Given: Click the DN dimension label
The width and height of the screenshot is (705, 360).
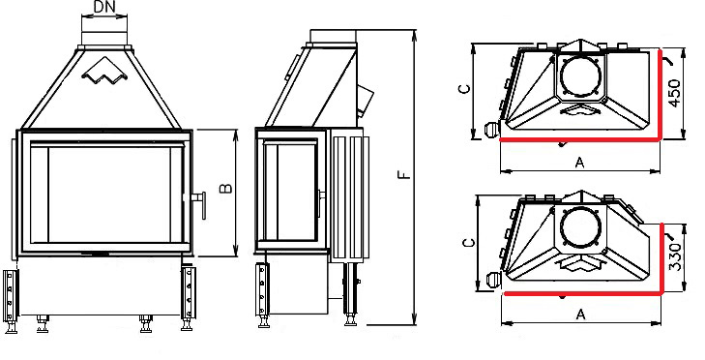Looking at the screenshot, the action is pyautogui.click(x=104, y=7).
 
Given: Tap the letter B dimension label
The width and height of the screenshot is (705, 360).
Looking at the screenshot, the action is pyautogui.click(x=226, y=188).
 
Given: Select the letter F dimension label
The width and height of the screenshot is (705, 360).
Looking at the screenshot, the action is pyautogui.click(x=404, y=174).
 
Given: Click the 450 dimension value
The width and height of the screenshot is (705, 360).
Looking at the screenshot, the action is pyautogui.click(x=674, y=93).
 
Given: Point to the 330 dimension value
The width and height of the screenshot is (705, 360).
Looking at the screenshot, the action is pyautogui.click(x=676, y=257).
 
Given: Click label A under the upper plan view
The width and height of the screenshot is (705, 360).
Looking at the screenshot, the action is pyautogui.click(x=579, y=163).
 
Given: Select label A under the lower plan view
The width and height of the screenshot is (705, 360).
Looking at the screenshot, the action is pyautogui.click(x=581, y=315).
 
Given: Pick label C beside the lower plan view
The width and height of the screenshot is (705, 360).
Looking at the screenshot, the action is pyautogui.click(x=468, y=243).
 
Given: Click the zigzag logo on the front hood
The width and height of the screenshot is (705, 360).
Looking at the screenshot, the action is pyautogui.click(x=105, y=72).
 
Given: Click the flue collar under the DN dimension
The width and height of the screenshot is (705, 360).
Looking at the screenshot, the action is pyautogui.click(x=104, y=39).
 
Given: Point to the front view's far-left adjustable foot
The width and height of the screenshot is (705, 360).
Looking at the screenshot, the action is pyautogui.click(x=11, y=301).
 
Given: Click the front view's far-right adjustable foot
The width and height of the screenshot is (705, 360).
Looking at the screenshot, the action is pyautogui.click(x=188, y=298).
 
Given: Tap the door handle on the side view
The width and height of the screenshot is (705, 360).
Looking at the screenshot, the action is pyautogui.click(x=321, y=200).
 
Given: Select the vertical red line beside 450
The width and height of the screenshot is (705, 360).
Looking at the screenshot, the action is pyautogui.click(x=660, y=95).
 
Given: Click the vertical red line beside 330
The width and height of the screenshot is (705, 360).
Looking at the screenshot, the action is pyautogui.click(x=662, y=258).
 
